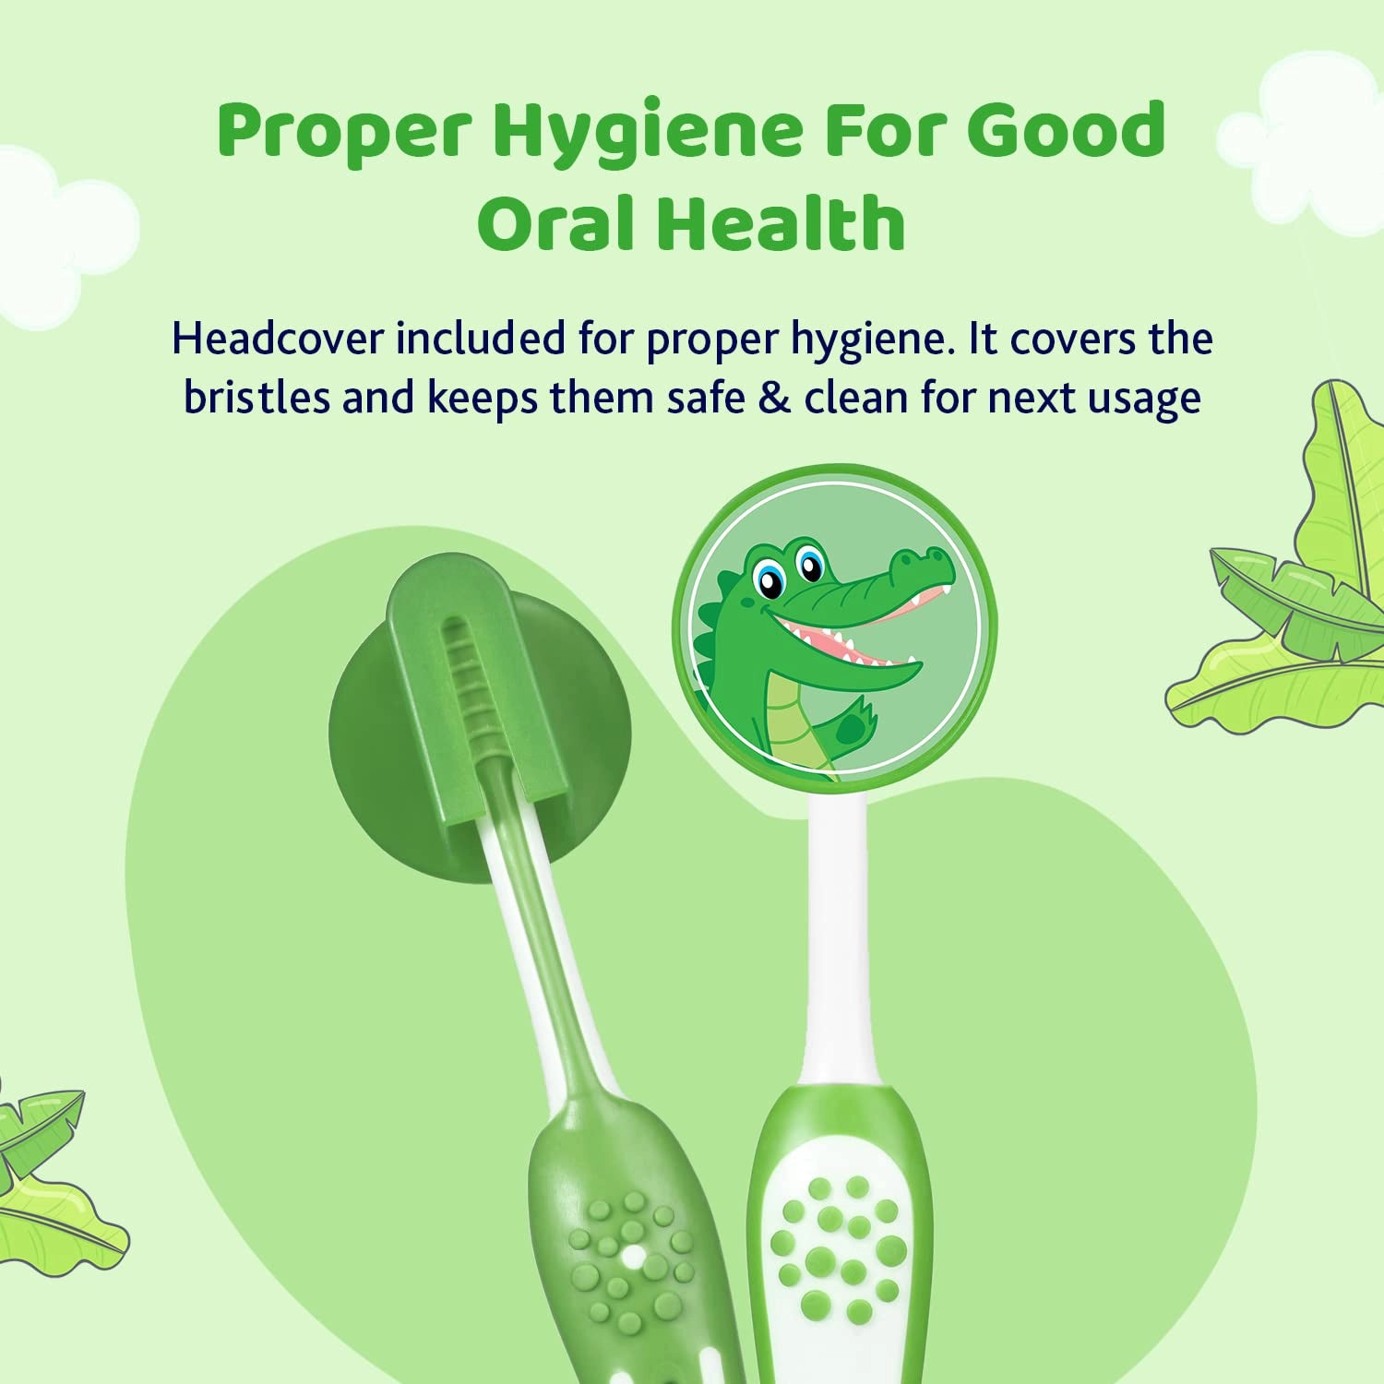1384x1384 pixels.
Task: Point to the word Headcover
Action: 277,339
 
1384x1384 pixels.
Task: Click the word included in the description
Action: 481,339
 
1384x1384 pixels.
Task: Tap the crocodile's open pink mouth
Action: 830,637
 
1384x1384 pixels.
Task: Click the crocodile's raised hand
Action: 853,724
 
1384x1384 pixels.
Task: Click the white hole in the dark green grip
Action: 633,1257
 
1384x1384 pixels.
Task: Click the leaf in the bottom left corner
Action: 46,1181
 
